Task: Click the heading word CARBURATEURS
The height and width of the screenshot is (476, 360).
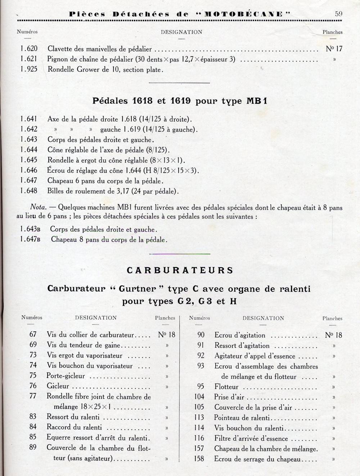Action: coord(180,270)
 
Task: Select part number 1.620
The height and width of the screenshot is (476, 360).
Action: coord(29,49)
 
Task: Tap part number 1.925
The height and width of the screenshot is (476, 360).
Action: coord(29,69)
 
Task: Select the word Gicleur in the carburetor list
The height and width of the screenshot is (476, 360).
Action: coord(58,386)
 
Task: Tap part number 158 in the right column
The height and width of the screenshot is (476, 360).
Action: coord(199,459)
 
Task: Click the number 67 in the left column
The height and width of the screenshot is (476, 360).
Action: coord(33,334)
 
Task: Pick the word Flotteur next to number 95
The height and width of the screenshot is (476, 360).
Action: coord(226,387)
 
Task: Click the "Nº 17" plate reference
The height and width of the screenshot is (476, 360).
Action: coord(334,49)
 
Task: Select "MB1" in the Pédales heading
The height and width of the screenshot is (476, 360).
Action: coord(257,101)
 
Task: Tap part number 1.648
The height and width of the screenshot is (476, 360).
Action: coord(29,191)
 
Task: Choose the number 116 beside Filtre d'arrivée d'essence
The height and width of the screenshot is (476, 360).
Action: coord(199,438)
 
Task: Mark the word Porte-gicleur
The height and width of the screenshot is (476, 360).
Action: coord(66,376)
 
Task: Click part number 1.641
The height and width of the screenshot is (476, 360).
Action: coord(29,119)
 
